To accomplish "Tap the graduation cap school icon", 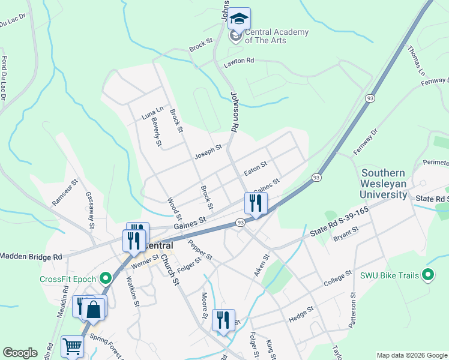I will click(x=239, y=19).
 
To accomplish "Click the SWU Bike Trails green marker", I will click(x=427, y=275).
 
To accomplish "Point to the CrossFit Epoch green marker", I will click(x=106, y=278).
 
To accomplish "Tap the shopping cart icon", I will click(x=72, y=346).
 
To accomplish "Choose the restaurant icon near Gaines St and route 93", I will click(x=256, y=204).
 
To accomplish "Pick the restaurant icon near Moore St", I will click(x=223, y=320).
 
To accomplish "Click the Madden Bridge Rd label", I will click(x=31, y=256).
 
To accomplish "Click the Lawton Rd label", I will click(x=239, y=61).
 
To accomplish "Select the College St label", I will click(x=337, y=278).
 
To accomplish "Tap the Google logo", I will click(x=20, y=353).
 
